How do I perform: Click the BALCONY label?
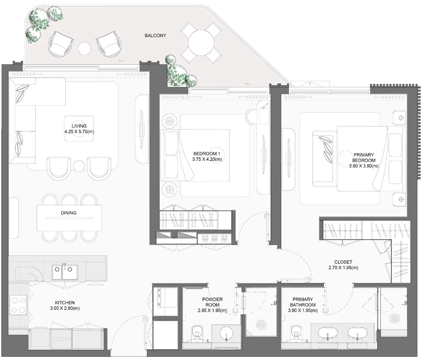click(x=155, y=36)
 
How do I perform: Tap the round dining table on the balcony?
click(x=201, y=43)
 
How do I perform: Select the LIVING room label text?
click(x=79, y=126)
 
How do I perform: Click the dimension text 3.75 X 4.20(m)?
click(x=207, y=159)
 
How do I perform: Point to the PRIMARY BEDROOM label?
click(x=363, y=158)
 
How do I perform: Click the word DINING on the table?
click(x=68, y=213)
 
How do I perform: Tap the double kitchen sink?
click(x=65, y=272)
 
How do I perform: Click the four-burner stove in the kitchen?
click(x=18, y=305)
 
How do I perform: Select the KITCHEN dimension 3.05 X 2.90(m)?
click(x=65, y=308)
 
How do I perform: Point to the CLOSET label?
click(x=343, y=262)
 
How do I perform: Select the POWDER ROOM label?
click(x=212, y=302)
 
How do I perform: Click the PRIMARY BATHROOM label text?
click(x=303, y=302)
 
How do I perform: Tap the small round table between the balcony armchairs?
click(x=84, y=49)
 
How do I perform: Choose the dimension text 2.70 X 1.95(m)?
click(x=343, y=268)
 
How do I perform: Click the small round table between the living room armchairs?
click(x=79, y=165)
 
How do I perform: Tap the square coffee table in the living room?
click(x=79, y=129)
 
